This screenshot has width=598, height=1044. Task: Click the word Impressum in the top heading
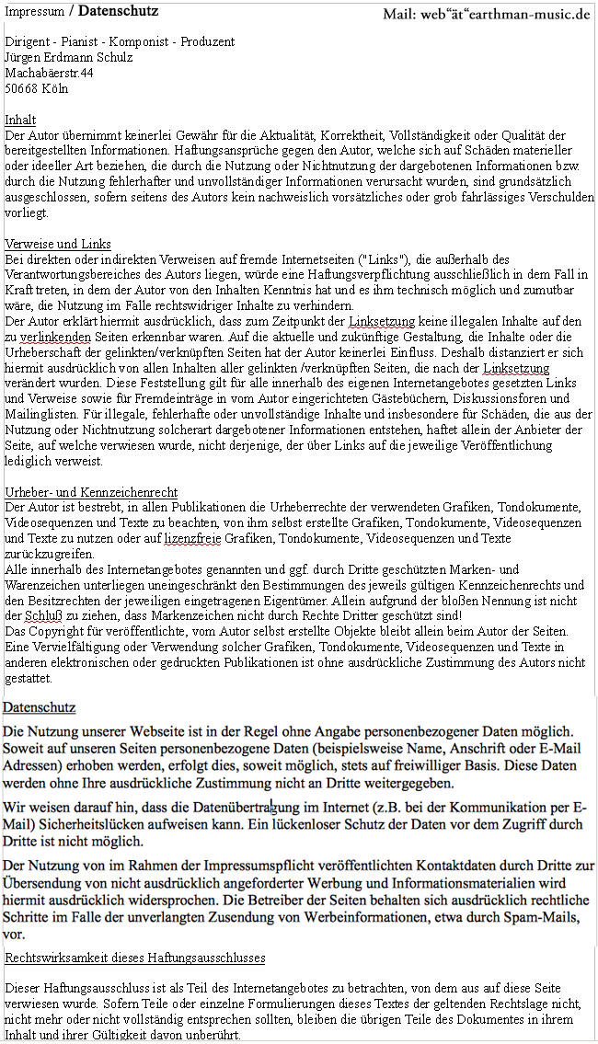(x=35, y=12)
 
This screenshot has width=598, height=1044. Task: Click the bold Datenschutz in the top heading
(x=118, y=11)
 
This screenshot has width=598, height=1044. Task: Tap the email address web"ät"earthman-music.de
(x=487, y=14)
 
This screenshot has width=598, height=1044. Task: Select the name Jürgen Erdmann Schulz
(x=68, y=57)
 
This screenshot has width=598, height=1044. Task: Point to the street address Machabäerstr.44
(x=49, y=73)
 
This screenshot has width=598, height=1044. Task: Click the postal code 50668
(x=23, y=88)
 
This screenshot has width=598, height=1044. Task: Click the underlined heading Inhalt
(x=20, y=120)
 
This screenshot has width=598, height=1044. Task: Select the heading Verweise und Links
(x=58, y=244)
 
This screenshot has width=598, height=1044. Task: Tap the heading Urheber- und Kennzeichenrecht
(x=91, y=492)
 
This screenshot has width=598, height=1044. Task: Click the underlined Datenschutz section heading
(x=39, y=707)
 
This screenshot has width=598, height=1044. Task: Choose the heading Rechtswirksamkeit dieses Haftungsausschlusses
(x=135, y=958)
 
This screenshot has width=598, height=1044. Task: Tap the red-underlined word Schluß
(x=40, y=615)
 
